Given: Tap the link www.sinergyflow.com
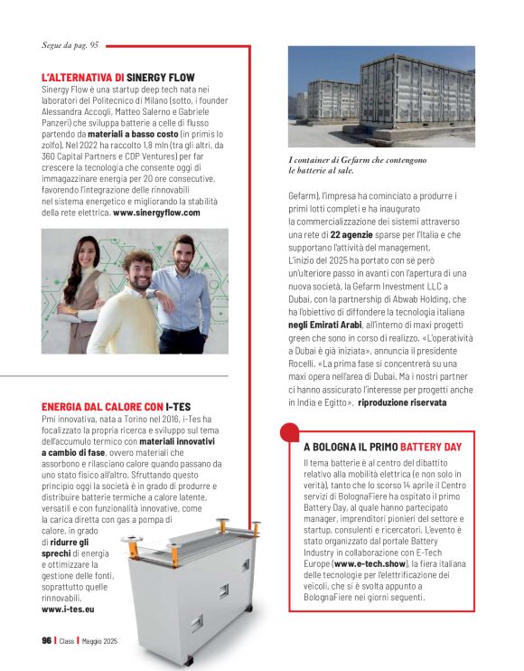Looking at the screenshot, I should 155,213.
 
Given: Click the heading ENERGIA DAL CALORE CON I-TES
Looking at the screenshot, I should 114,407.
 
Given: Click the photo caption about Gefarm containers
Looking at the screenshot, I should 346,164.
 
